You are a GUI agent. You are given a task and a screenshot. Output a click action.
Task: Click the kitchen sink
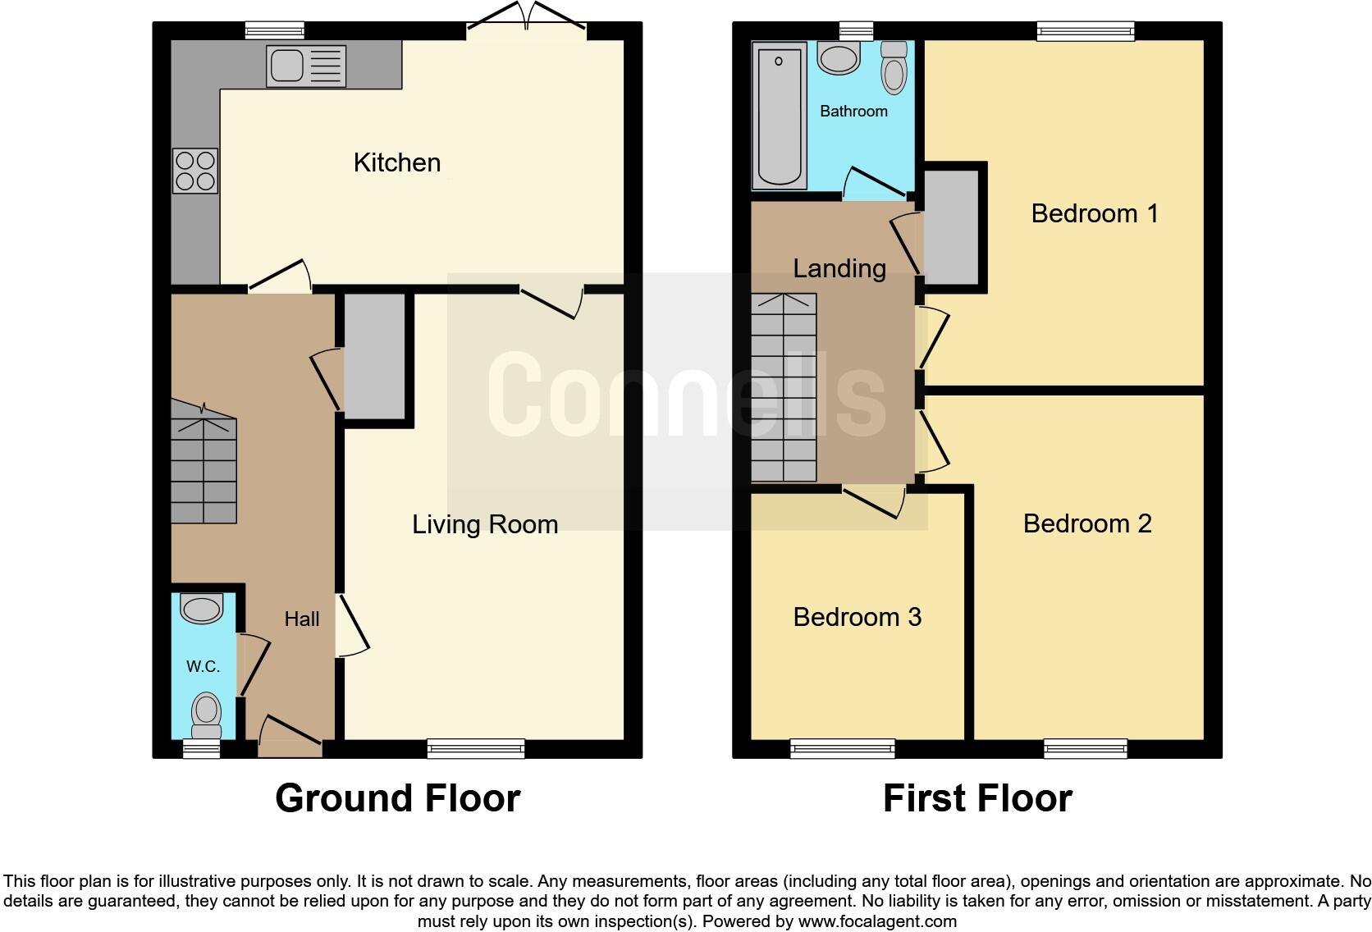(x=305, y=66)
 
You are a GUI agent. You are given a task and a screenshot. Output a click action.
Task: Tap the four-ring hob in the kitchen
(x=195, y=171)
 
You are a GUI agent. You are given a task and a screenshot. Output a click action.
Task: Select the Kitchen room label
(x=396, y=162)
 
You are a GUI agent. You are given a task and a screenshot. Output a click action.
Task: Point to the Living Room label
(x=484, y=524)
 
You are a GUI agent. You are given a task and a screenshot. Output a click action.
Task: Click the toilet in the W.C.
(x=206, y=715)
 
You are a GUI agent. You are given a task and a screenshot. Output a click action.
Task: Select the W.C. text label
(x=203, y=666)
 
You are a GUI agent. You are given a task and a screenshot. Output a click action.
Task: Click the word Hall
(x=301, y=619)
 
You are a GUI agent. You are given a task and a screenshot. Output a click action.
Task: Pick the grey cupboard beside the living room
(x=374, y=357)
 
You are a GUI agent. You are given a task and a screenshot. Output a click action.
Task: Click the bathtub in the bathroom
(x=778, y=115)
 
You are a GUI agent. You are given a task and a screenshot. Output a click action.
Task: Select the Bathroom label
(x=853, y=111)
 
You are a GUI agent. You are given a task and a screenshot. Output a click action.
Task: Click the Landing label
(x=839, y=268)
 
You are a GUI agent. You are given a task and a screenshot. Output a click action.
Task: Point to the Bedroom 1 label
(x=1094, y=213)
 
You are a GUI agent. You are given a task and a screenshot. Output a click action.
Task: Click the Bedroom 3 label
(x=857, y=617)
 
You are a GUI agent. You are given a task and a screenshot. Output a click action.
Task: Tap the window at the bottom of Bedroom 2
(x=1085, y=747)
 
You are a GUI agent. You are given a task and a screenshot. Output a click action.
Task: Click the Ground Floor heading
(x=397, y=798)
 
